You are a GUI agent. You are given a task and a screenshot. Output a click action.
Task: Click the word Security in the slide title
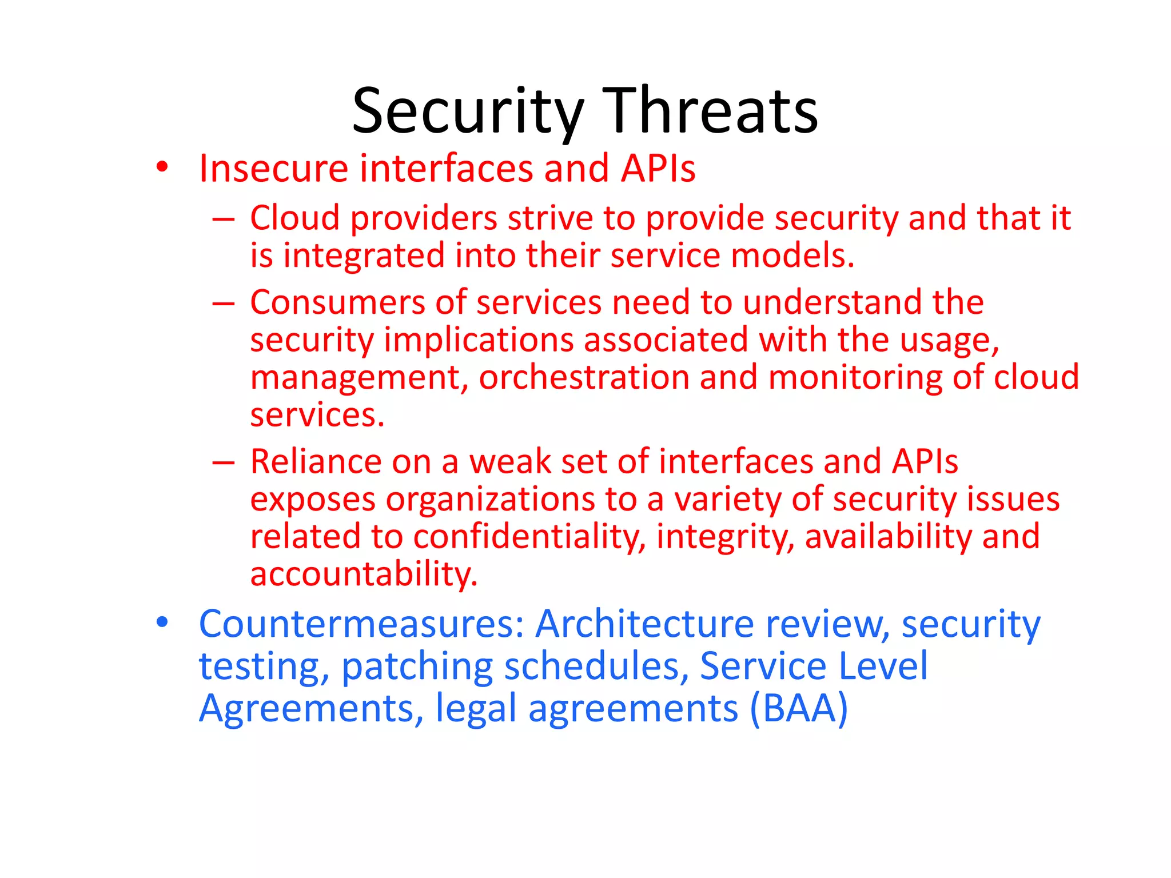[x=468, y=111]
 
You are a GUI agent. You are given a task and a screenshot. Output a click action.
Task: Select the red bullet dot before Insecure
[x=162, y=167]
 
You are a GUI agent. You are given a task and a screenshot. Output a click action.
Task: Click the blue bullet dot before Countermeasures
[x=162, y=622]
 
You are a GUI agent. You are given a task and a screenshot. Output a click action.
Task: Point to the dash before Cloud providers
[x=223, y=219]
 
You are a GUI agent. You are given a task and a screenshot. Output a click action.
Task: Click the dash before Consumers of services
[x=223, y=304]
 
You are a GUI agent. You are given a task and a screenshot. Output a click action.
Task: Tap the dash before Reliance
[x=223, y=462]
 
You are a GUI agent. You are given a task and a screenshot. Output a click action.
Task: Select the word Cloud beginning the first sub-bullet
[x=295, y=218]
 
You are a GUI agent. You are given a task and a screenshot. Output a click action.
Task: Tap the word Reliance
[x=316, y=462]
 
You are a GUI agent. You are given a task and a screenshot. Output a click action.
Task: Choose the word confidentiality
[x=529, y=537]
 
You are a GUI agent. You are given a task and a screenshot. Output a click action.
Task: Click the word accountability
[x=363, y=574]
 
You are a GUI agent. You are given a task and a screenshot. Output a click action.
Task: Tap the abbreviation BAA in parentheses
[x=799, y=709]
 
